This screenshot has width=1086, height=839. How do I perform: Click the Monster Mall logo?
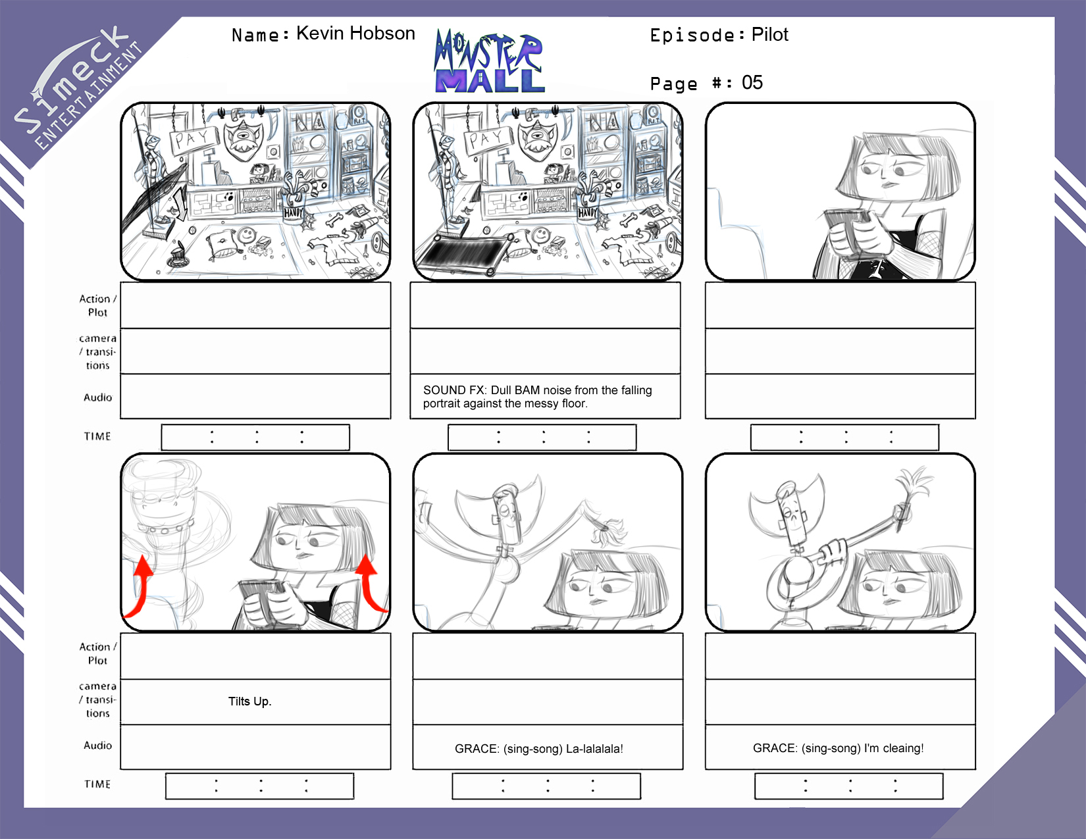click(489, 61)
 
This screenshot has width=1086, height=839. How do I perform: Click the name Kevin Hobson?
click(355, 34)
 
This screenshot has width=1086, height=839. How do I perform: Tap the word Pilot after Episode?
click(769, 34)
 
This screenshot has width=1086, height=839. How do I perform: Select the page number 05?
click(752, 82)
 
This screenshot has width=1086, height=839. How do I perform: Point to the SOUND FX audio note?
click(537, 396)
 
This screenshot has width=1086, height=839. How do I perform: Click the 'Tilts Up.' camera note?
click(250, 701)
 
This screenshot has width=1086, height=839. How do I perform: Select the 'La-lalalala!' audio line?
click(539, 749)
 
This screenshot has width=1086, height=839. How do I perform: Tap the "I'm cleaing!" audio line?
click(838, 748)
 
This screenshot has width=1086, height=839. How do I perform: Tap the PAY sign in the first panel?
click(194, 139)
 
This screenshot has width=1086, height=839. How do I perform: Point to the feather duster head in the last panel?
click(915, 486)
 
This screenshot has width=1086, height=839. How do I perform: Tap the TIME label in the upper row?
click(97, 436)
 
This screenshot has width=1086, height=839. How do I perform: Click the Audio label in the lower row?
click(98, 745)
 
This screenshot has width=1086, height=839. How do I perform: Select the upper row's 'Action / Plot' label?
click(98, 305)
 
